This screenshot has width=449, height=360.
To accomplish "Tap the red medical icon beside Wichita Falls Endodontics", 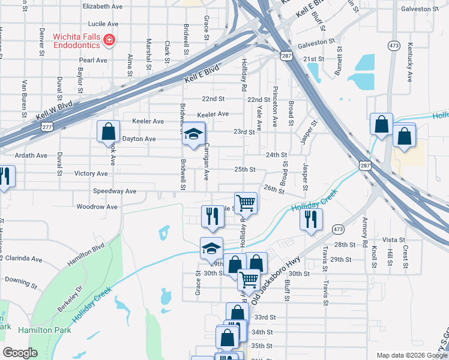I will click(x=109, y=40).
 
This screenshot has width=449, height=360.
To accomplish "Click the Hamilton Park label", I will click(x=44, y=330).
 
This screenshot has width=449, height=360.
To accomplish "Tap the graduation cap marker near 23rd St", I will click(x=194, y=134).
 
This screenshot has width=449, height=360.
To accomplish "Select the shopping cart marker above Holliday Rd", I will click(x=246, y=203).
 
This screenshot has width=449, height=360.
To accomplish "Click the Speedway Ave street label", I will click(x=115, y=191).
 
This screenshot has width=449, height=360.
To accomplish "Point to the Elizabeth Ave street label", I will click(x=103, y=6).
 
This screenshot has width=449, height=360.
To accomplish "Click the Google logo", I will click(x=20, y=353).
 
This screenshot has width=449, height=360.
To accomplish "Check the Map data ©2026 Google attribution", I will click(x=411, y=355).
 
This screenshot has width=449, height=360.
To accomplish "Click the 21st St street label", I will click(x=313, y=59).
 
